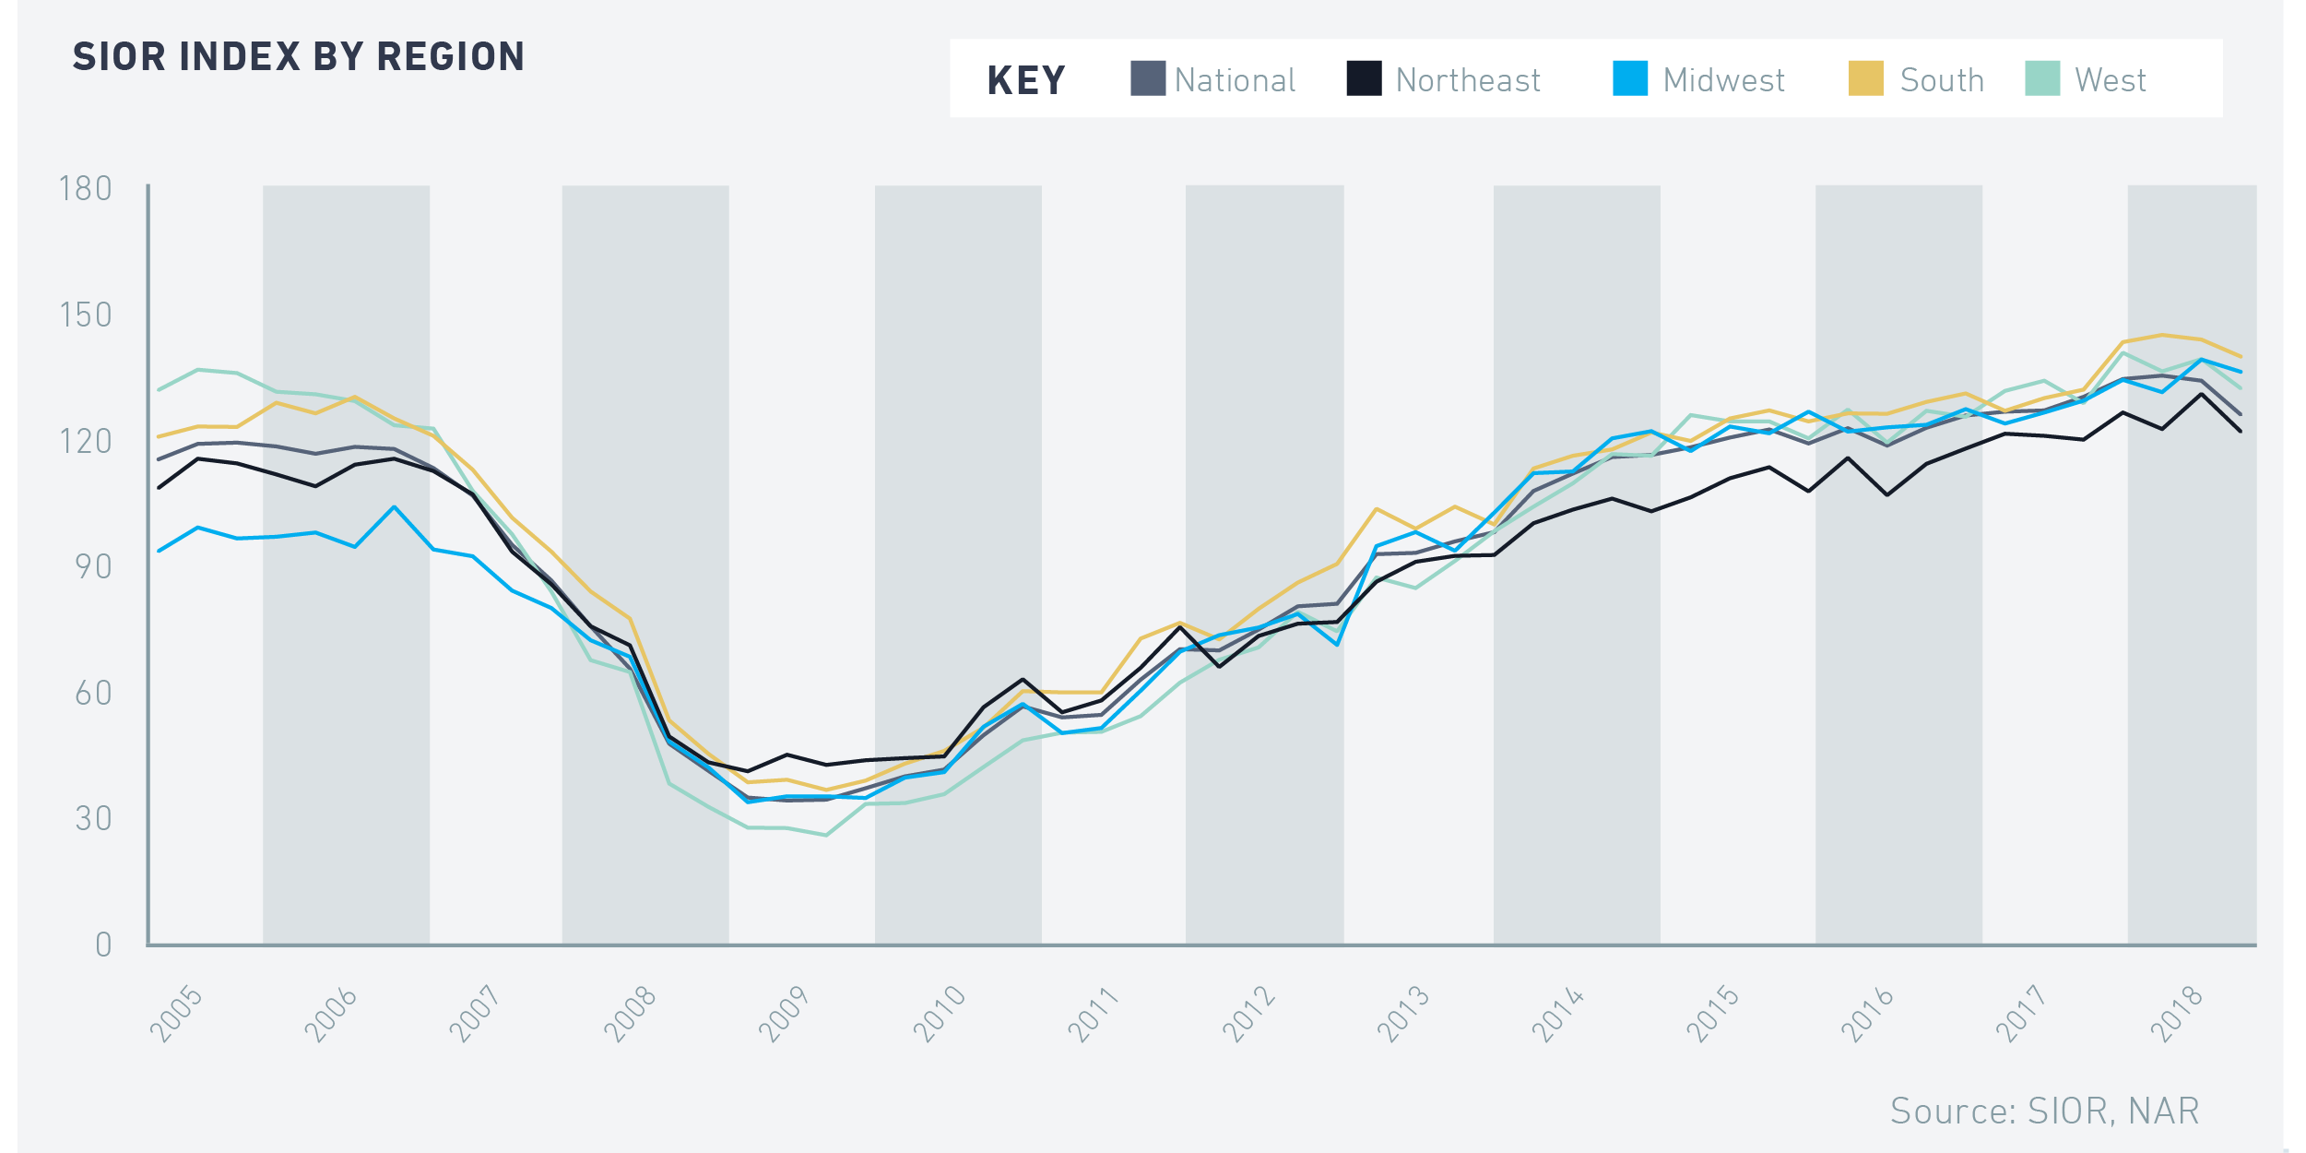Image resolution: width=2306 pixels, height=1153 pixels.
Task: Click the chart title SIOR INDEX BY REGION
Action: click(x=299, y=57)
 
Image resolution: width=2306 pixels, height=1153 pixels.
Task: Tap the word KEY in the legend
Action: click(x=1026, y=81)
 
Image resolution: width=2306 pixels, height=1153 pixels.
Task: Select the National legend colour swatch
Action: click(x=1148, y=78)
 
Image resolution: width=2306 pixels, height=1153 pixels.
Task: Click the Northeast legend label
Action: click(x=1468, y=81)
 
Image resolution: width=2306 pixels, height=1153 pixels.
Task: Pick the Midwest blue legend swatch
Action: click(x=1630, y=78)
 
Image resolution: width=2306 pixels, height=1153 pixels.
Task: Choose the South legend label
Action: click(x=1942, y=81)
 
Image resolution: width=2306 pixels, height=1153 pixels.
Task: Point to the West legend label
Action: click(x=2111, y=81)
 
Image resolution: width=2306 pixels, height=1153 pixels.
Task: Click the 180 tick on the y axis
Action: click(x=86, y=189)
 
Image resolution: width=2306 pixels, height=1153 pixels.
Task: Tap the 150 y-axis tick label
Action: click(x=86, y=315)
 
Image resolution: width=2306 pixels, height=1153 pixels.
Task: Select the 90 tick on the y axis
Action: click(x=93, y=567)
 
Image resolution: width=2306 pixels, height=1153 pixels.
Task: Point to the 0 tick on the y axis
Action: click(x=104, y=945)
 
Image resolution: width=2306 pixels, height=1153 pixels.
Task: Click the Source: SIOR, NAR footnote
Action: click(x=2044, y=1111)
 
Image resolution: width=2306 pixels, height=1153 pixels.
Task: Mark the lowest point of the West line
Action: click(x=826, y=836)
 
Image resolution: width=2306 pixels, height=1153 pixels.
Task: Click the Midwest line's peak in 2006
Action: click(x=395, y=506)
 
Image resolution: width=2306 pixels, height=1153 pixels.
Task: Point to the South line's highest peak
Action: click(x=2161, y=335)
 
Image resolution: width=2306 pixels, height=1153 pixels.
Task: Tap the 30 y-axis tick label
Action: click(x=93, y=819)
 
